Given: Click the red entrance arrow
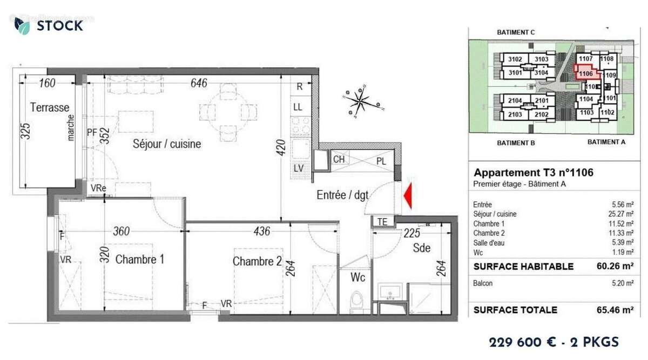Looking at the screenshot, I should click(x=409, y=195).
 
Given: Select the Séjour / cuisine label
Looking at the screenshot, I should click(x=167, y=144).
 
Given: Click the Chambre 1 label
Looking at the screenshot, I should click(x=140, y=260).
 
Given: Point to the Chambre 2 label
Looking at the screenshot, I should click(x=257, y=261).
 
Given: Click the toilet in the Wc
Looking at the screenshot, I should click(x=356, y=301).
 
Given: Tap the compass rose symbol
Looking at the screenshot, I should click(x=361, y=101).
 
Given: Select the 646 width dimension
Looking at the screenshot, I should click(x=199, y=83).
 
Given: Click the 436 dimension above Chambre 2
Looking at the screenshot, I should click(x=261, y=232).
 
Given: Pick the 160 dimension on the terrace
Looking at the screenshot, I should click(x=48, y=83).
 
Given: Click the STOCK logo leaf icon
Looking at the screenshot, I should click(x=22, y=25).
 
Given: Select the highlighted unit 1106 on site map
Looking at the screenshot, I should click(x=585, y=73).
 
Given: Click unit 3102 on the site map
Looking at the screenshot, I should click(x=515, y=59).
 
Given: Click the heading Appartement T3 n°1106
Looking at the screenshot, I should click(x=534, y=173).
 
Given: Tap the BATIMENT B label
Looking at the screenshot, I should click(x=515, y=143).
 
